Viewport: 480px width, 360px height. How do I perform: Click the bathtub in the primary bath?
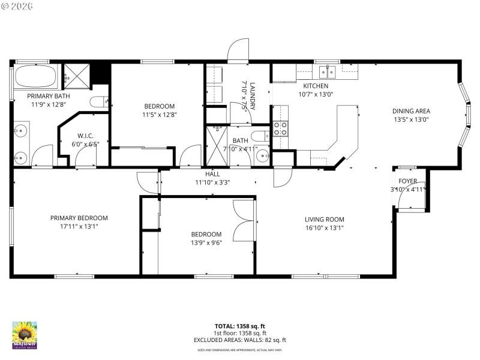(35, 77)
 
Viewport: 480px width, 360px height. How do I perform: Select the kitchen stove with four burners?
(280, 128)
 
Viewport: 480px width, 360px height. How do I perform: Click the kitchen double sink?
(327, 73)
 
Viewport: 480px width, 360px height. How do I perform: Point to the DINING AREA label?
(411, 110)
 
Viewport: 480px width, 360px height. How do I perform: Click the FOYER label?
(408, 182)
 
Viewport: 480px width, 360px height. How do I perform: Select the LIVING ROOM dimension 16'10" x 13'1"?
(324, 227)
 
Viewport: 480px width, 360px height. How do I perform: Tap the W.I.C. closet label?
(83, 136)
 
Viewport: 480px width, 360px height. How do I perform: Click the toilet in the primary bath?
(98, 102)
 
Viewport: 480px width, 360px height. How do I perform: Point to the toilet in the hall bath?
(260, 135)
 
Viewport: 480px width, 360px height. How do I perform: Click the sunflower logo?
(25, 334)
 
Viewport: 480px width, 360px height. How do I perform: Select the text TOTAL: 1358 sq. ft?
(240, 326)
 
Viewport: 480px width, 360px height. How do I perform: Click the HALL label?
(212, 174)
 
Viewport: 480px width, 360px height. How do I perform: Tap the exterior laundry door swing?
(238, 50)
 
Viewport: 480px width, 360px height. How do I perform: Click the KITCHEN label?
(316, 86)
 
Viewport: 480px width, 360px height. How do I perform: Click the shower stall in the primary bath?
(77, 75)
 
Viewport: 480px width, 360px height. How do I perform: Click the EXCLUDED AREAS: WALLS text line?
(240, 340)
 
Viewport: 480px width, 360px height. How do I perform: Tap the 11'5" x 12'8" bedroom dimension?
(159, 115)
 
